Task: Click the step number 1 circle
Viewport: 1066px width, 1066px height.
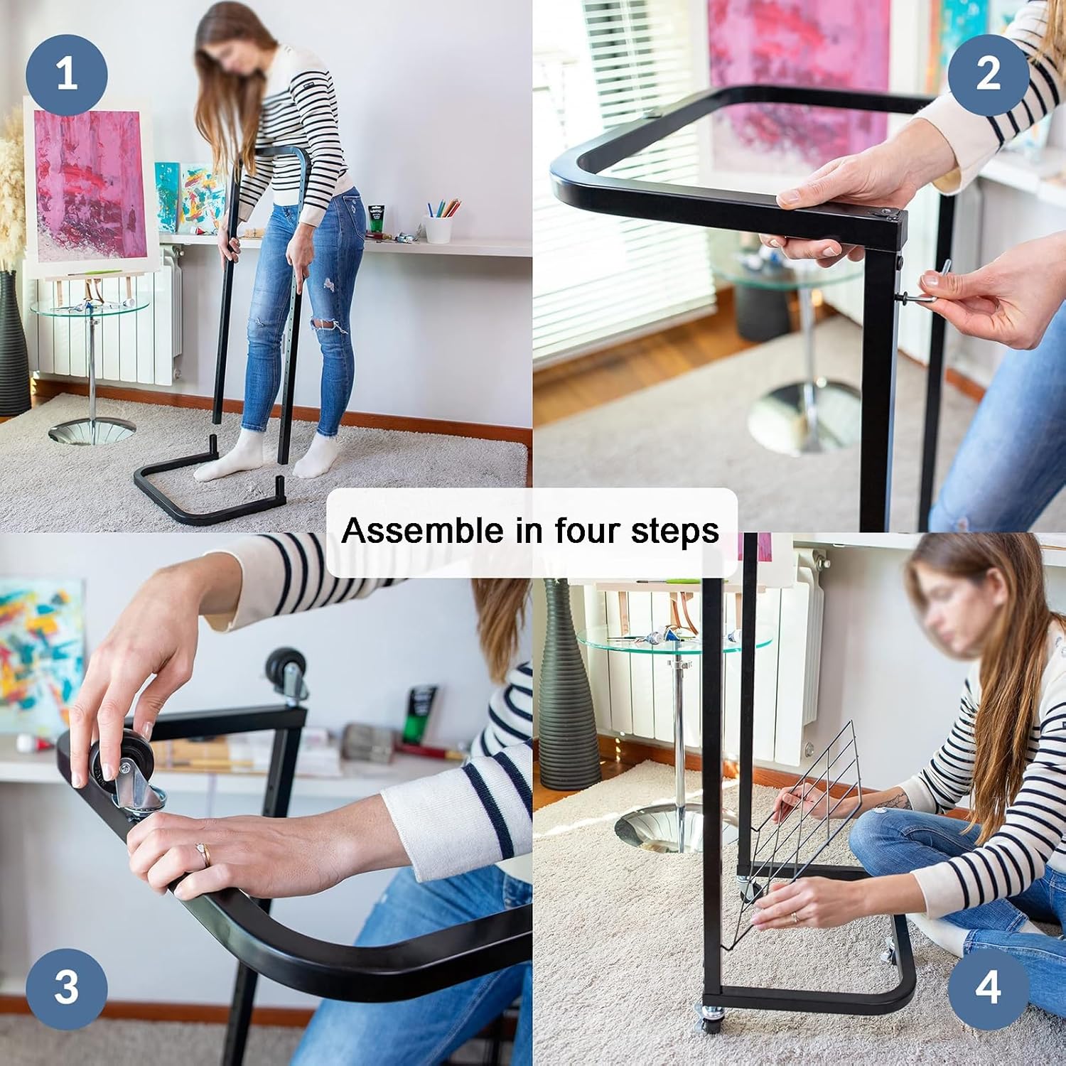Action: (x=66, y=73)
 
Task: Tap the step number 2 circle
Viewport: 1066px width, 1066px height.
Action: (x=988, y=73)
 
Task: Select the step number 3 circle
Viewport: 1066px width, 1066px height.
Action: (x=66, y=988)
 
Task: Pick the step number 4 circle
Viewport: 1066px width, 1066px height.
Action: (x=988, y=988)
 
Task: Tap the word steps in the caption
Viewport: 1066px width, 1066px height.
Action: (x=675, y=532)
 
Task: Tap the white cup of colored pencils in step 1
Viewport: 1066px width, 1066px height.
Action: (x=438, y=227)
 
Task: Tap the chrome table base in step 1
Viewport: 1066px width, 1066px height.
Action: (x=92, y=431)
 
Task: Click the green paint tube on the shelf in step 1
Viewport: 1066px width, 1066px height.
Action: (x=376, y=219)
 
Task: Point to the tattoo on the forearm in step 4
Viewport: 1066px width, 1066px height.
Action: (x=895, y=802)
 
